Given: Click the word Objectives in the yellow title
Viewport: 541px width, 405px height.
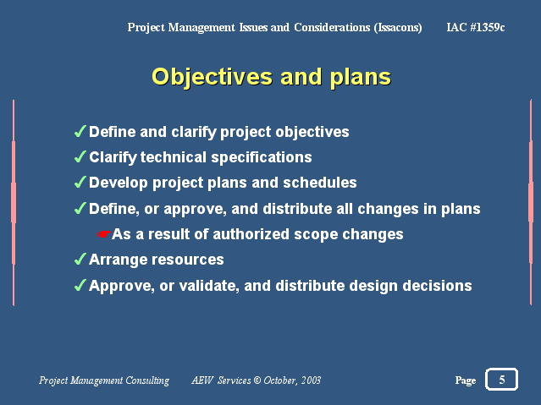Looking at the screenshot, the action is pyautogui.click(x=213, y=77).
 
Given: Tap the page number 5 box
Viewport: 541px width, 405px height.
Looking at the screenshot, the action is pyautogui.click(x=502, y=379).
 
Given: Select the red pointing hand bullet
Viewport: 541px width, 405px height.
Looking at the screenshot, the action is pyautogui.click(x=104, y=234).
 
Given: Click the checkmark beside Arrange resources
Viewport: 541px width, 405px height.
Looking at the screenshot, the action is pyautogui.click(x=80, y=260).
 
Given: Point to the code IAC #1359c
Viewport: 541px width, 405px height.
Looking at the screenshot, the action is pyautogui.click(x=476, y=27).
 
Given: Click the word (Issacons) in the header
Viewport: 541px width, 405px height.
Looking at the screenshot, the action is pyautogui.click(x=398, y=28).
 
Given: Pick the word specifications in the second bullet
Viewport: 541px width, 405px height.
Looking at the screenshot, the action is pyautogui.click(x=262, y=158).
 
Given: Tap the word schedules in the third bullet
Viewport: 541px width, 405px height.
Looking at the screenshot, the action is pyautogui.click(x=320, y=183).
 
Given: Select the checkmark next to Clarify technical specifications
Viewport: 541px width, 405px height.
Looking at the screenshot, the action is pyautogui.click(x=80, y=156).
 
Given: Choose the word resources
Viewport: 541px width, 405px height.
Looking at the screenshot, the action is pyautogui.click(x=184, y=260).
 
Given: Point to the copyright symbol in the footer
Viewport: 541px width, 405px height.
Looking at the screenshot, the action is pyautogui.click(x=257, y=380).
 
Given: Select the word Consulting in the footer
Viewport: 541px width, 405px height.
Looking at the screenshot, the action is pyautogui.click(x=147, y=380).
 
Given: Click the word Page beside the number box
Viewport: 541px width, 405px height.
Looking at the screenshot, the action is pyautogui.click(x=466, y=380).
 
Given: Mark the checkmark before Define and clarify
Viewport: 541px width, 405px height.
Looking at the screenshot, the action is pyautogui.click(x=80, y=131).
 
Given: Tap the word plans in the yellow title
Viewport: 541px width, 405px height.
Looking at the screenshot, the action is pyautogui.click(x=361, y=78).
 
